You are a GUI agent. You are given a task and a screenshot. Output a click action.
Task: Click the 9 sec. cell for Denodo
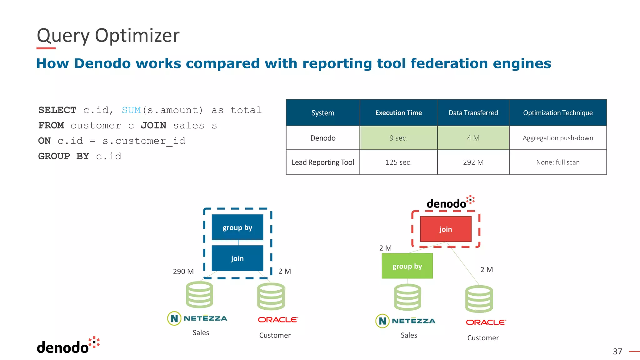[x=398, y=138]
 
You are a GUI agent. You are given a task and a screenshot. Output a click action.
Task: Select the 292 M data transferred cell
[x=473, y=162]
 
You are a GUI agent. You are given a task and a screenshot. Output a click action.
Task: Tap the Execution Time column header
[x=398, y=113]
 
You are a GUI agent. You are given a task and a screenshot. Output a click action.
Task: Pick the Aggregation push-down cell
[x=558, y=138]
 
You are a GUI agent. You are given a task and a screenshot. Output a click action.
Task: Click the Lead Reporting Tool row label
[x=323, y=162]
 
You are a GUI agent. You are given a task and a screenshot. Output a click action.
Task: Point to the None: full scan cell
[x=558, y=162]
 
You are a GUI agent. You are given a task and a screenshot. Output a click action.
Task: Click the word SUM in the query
[x=131, y=110]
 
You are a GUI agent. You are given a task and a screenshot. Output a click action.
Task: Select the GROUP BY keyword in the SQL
[x=64, y=156]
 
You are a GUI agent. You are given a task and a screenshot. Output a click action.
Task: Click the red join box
[x=446, y=229]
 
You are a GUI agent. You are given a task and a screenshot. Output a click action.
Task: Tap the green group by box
[x=407, y=266]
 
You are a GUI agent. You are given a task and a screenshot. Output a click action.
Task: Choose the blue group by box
[x=237, y=227]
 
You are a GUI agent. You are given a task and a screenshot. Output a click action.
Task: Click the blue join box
[x=237, y=258]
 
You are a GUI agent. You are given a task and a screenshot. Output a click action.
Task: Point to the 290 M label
[x=183, y=271]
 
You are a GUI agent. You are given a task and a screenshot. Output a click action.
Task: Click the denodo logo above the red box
[x=450, y=203]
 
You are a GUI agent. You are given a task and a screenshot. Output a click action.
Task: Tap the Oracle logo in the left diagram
[x=278, y=320]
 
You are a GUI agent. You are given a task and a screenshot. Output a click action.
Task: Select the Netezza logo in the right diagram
[x=405, y=321]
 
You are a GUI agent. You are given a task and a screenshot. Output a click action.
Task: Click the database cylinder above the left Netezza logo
[x=199, y=294]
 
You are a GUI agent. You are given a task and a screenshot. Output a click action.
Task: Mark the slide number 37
[x=617, y=352]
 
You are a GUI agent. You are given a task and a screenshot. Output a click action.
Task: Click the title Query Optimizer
[x=108, y=35]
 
